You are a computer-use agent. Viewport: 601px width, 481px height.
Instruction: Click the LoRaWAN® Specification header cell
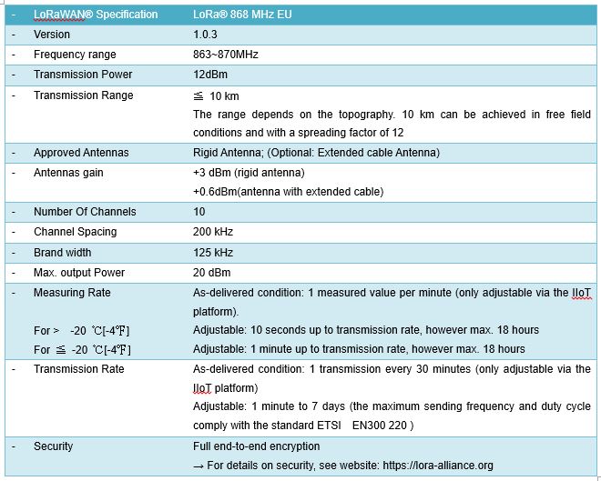point(96,14)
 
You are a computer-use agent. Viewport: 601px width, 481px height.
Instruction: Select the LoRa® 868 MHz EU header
point(241,14)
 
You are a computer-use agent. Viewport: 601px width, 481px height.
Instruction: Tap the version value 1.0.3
point(205,35)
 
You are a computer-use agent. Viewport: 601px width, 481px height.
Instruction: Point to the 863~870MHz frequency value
point(226,55)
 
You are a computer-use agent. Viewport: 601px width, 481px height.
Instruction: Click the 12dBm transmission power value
point(211,75)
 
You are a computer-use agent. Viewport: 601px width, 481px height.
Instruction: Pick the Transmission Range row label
point(83,95)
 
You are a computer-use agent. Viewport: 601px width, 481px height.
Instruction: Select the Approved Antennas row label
point(81,153)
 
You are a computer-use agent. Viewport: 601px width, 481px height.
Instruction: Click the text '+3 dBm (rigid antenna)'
point(249,173)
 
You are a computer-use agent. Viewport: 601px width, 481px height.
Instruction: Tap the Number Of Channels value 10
point(199,212)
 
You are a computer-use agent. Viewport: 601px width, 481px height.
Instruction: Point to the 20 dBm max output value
point(212,273)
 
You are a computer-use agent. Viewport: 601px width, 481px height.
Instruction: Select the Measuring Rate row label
point(72,293)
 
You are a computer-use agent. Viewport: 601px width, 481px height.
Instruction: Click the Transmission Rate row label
point(78,369)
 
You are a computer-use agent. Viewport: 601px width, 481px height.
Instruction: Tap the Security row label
point(53,446)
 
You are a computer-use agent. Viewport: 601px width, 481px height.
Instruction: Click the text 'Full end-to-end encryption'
point(257,446)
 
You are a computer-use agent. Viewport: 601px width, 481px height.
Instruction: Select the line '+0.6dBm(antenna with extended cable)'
point(288,191)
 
